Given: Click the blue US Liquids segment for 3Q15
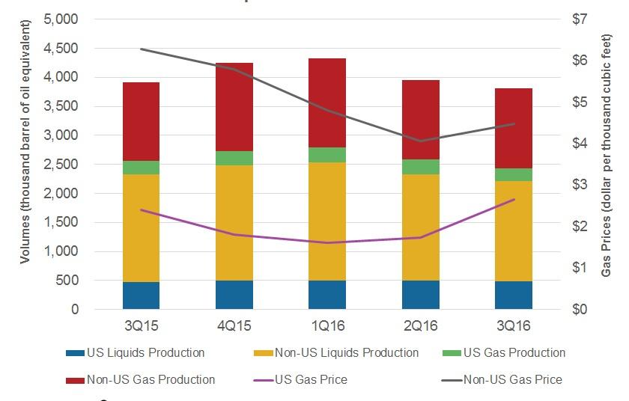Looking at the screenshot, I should coord(141,296).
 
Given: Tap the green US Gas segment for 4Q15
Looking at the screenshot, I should coord(234,158).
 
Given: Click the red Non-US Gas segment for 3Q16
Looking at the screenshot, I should coord(513,128).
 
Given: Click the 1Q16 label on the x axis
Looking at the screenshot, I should coord(327,327).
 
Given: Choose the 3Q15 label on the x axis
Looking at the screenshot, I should coord(141,327).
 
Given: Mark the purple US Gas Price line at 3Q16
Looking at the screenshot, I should coord(513,199).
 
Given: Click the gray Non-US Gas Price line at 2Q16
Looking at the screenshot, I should coord(420,141).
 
